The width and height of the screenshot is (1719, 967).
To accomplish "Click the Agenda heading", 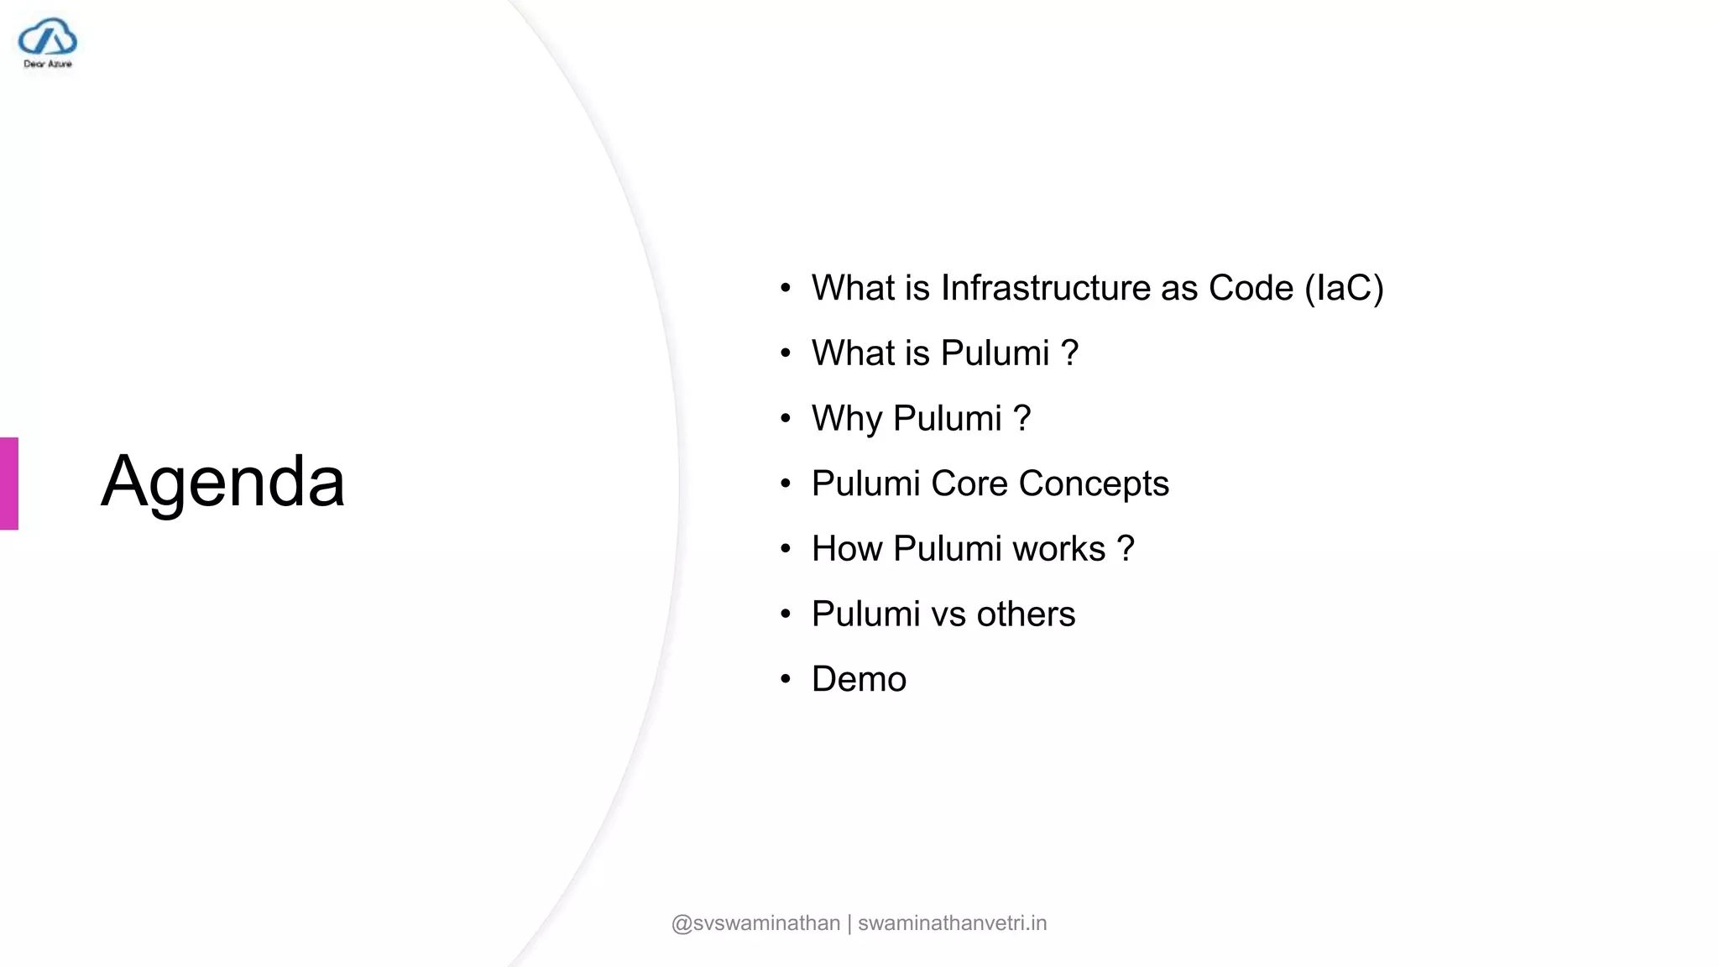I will [222, 482].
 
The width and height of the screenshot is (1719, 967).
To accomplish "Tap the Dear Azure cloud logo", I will [48, 42].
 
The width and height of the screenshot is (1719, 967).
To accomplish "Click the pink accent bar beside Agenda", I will [9, 483].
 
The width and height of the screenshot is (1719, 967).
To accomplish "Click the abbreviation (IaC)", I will [1344, 288].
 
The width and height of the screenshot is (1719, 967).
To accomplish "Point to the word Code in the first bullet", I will [1251, 288].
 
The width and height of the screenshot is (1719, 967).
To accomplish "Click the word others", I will [1026, 614].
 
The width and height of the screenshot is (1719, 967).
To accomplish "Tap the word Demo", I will [859, 679].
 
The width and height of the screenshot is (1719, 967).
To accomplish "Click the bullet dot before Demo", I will [786, 679].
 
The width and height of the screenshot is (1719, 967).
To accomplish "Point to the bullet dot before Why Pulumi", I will [786, 418].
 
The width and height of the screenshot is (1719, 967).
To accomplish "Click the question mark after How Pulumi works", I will [1126, 549].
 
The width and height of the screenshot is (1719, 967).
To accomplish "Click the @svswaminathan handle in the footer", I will [755, 923].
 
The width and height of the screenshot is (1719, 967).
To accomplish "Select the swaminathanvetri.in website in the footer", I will [952, 923].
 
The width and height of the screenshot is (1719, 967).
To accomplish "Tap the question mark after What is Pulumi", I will [1069, 353].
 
